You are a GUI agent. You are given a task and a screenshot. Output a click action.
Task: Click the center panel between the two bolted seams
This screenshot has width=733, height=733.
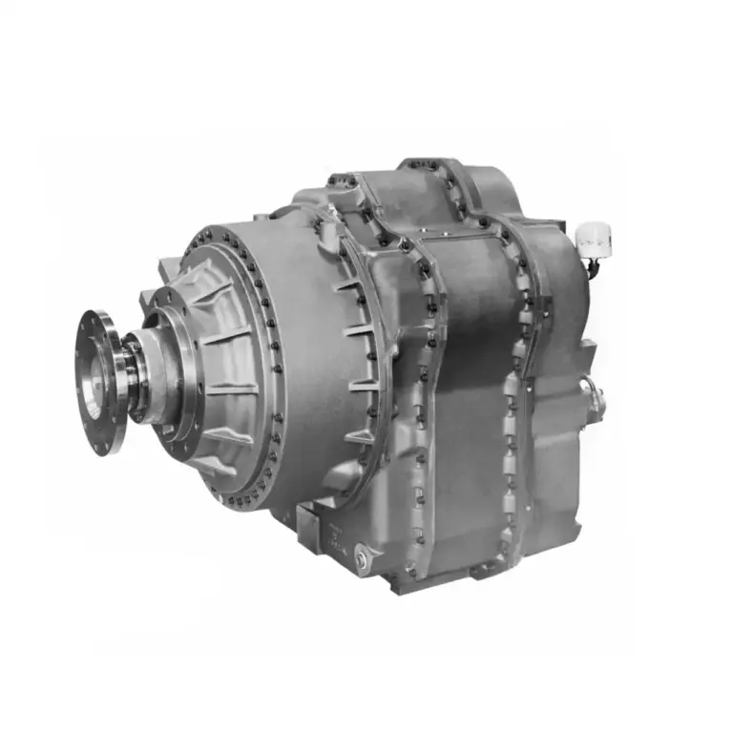tap(468, 382)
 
